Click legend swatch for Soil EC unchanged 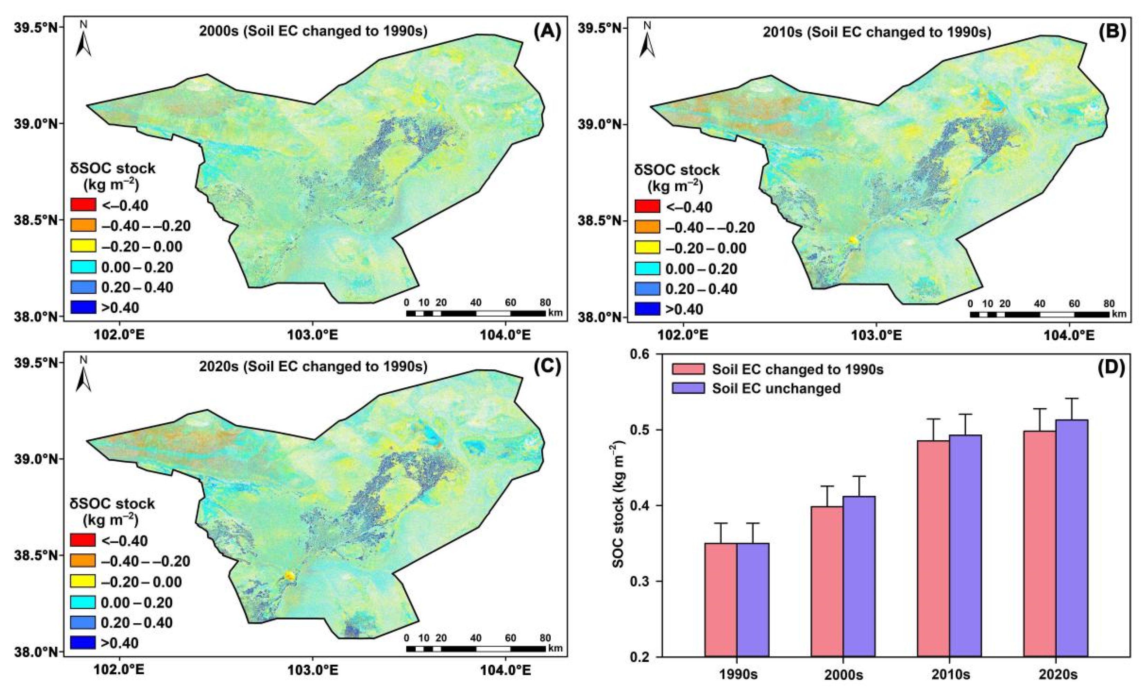pyautogui.click(x=688, y=388)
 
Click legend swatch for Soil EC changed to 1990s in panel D pyautogui.click(x=688, y=369)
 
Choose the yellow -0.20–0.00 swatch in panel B pyautogui.click(x=647, y=248)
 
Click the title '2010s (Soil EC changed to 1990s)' pyautogui.click(x=877, y=32)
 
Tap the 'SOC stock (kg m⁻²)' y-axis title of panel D pyautogui.click(x=619, y=505)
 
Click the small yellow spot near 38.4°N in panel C pyautogui.click(x=289, y=576)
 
